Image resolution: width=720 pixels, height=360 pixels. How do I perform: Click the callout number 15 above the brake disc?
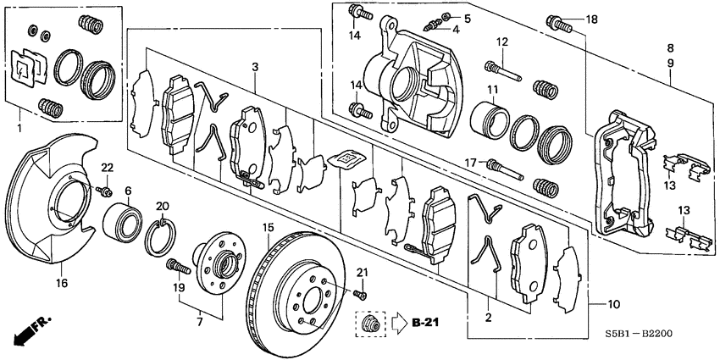tap(268, 227)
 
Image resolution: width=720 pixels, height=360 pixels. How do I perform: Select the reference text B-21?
tap(427, 323)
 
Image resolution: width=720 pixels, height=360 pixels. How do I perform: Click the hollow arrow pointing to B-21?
tap(397, 323)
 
